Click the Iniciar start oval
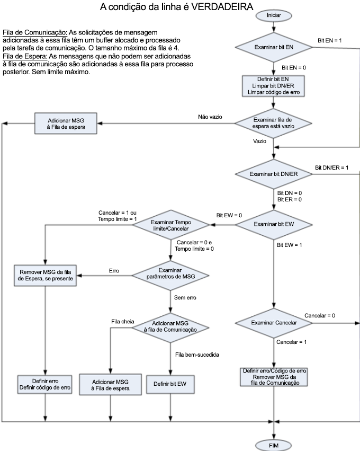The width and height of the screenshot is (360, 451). (273, 16)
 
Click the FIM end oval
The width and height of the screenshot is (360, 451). (273, 445)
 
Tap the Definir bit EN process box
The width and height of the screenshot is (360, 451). (273, 85)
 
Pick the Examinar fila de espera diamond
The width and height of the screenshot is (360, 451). (273, 123)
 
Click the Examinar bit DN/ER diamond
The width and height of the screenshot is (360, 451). (273, 174)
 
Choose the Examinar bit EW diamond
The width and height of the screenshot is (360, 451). (273, 224)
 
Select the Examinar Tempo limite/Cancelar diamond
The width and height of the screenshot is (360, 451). (170, 224)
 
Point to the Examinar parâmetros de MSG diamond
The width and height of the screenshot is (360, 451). (170, 273)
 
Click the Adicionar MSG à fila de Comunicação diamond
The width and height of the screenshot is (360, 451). (170, 326)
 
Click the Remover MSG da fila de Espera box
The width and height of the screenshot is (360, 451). (45, 273)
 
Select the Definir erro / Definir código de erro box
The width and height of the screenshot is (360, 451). (45, 384)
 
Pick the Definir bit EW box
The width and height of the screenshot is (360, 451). (170, 384)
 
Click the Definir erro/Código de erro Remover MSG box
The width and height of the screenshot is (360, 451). (273, 375)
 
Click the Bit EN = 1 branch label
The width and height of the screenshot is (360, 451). (330, 41)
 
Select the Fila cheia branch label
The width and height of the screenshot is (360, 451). (123, 321)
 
